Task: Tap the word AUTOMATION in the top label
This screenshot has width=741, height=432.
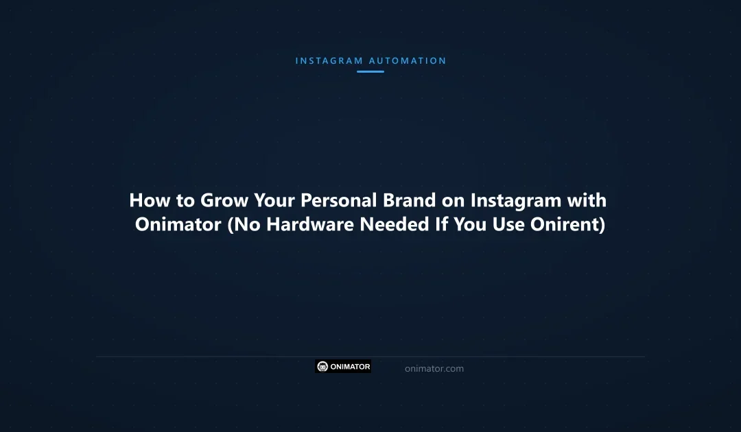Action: pos(408,61)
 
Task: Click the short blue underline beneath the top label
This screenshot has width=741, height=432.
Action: pos(370,71)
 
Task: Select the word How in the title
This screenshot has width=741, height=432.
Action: pos(146,200)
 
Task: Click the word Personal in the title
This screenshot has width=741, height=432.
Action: pos(332,200)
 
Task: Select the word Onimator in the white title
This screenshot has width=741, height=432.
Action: pos(178,224)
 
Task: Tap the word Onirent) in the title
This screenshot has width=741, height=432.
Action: pos(567,224)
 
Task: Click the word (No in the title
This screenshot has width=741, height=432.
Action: pos(244,224)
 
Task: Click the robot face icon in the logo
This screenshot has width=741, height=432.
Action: pos(322,367)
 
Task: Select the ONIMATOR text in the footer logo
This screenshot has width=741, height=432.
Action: pos(350,367)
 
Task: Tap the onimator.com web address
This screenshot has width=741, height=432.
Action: pos(434,369)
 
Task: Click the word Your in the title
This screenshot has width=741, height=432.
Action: pos(277,200)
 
